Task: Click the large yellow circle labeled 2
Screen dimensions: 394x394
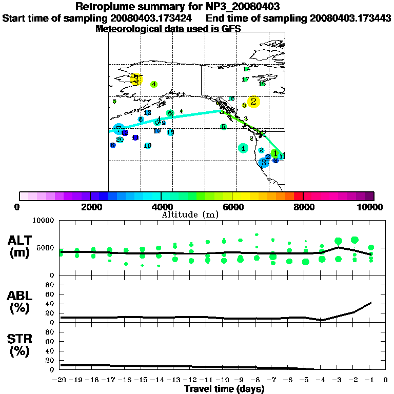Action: coord(253,102)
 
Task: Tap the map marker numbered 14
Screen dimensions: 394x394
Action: coord(247,69)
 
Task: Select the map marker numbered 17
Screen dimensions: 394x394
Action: coord(245,80)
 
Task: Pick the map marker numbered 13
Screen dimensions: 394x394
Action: coord(147,113)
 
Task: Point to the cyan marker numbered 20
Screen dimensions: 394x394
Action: coord(120,140)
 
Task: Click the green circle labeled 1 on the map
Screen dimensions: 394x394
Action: coord(275,153)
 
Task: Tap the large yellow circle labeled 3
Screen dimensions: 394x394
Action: coord(135,80)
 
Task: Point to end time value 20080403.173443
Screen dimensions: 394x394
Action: coord(350,18)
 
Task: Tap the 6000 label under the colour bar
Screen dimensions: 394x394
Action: coord(232,207)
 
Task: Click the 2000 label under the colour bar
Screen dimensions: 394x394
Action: coord(90,207)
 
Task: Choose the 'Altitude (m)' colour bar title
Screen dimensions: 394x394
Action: coord(183,214)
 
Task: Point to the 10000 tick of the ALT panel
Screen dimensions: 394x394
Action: coord(44,221)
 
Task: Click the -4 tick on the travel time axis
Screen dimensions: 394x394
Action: coord(322,380)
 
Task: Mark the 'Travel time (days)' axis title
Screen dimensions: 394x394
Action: coord(224,389)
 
